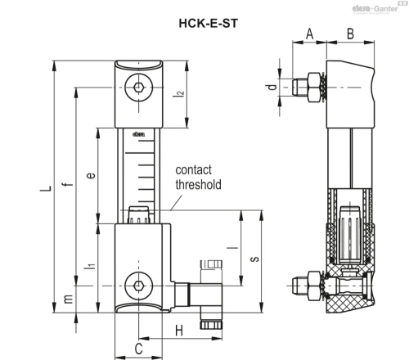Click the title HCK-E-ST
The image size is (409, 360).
tap(209, 23)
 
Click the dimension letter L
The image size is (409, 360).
tap(46, 188)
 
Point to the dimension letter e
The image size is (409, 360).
tap(91, 175)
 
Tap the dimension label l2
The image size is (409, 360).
tap(179, 93)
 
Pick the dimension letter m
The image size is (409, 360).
tap(68, 299)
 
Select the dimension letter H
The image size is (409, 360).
tap(179, 331)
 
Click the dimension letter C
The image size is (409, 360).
tap(139, 349)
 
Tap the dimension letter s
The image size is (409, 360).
tap(255, 259)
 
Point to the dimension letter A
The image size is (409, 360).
tap(309, 34)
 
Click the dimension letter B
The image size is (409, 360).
tap(350, 34)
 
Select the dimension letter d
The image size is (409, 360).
tap(271, 87)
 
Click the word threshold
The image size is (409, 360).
tap(198, 185)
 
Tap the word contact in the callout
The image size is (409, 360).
tap(193, 170)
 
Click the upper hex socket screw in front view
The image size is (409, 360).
tap(139, 88)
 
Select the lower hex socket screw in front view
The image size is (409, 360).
tap(139, 286)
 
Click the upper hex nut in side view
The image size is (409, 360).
tap(314, 88)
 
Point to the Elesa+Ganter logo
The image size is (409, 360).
tap(375, 8)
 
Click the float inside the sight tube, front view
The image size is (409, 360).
tap(139, 215)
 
